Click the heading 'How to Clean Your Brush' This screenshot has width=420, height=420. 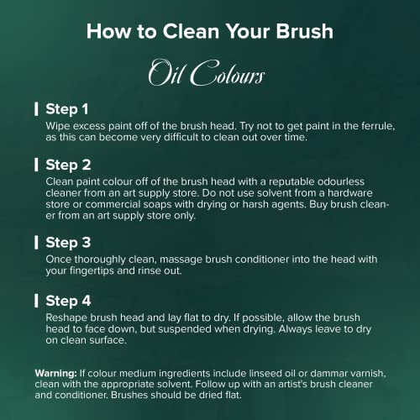click(210, 31)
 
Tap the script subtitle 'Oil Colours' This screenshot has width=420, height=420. click(207, 72)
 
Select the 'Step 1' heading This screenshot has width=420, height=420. click(67, 109)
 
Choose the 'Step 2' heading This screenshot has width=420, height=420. click(68, 165)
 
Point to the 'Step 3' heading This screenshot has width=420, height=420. click(68, 243)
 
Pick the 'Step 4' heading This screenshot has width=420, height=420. click(68, 301)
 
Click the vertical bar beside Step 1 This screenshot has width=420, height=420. click(36, 109)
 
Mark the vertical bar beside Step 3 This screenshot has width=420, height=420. click(36, 242)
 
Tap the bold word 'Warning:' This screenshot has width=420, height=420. click(55, 373)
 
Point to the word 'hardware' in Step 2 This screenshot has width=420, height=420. click(350, 193)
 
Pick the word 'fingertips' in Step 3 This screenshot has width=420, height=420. click(92, 270)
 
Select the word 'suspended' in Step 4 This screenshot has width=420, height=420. click(184, 329)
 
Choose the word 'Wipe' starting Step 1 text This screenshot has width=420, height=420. click(58, 126)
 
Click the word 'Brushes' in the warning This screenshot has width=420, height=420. click(129, 395)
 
